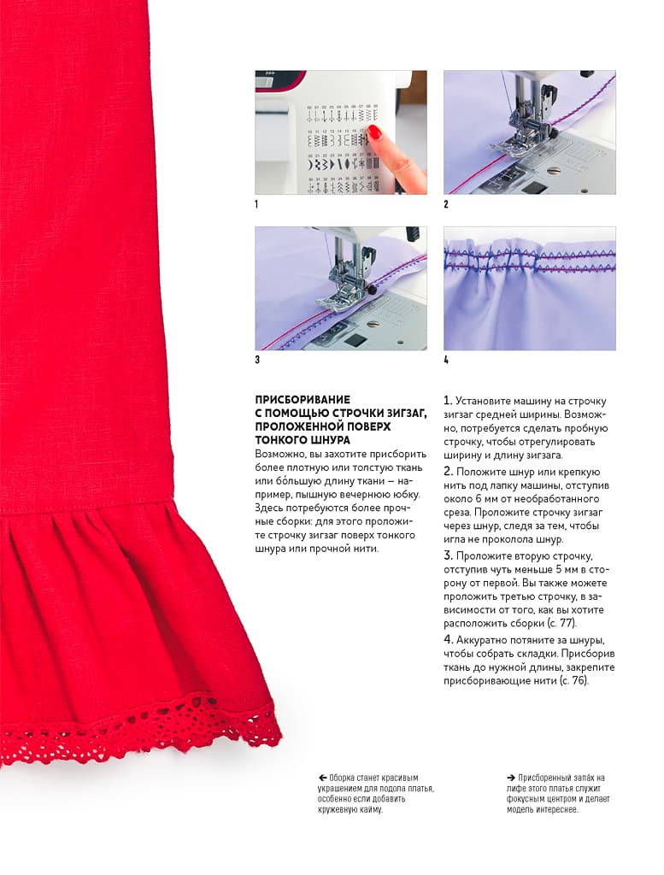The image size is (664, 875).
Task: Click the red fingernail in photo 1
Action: (374, 132)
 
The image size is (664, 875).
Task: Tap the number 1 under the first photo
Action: (256, 204)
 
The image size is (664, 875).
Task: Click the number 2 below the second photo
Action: (446, 204)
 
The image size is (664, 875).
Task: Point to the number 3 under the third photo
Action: (257, 360)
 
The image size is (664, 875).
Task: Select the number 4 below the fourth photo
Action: (446, 360)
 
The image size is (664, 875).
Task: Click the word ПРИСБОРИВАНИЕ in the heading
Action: (303, 400)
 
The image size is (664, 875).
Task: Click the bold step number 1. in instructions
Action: (448, 401)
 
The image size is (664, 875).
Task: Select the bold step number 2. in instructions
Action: (448, 472)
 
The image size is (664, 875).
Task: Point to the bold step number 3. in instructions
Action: (448, 555)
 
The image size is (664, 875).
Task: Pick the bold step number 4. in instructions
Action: (448, 639)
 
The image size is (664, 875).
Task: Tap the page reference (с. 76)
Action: (573, 681)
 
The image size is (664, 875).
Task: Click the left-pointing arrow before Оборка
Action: (322, 778)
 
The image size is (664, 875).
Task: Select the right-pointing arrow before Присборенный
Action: (510, 778)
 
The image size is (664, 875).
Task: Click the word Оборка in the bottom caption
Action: (341, 778)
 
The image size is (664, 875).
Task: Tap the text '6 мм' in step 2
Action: (482, 498)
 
